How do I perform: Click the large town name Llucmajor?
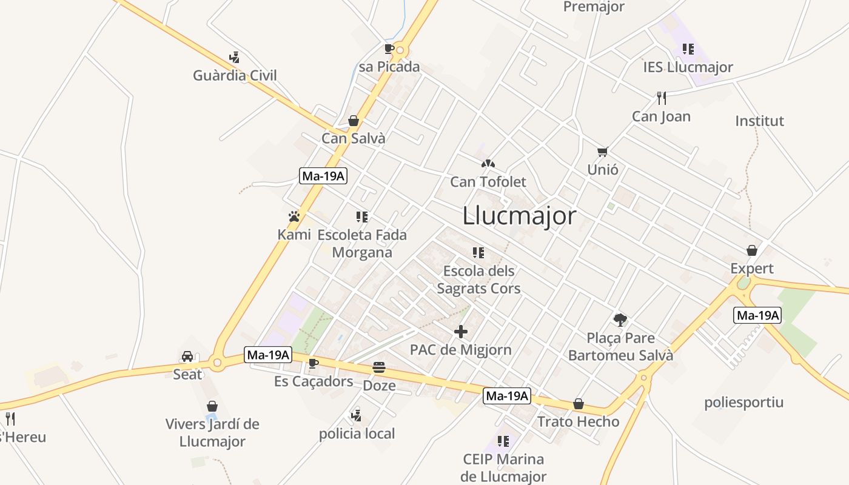(x=519, y=216)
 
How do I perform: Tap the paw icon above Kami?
(x=294, y=216)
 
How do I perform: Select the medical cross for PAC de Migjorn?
(x=461, y=332)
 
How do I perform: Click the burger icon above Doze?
(x=379, y=367)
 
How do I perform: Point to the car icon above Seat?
(x=187, y=356)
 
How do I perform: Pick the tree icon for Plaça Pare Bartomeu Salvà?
(x=620, y=319)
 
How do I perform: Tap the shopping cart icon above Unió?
(x=602, y=152)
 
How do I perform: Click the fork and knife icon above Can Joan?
(x=661, y=98)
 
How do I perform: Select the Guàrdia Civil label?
(x=235, y=76)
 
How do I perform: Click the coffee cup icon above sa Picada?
(x=389, y=48)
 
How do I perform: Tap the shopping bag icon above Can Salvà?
(x=354, y=121)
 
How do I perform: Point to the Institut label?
(x=759, y=121)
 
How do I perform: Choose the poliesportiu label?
(x=743, y=403)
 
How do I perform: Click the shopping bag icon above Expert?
(x=752, y=250)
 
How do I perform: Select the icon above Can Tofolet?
(x=488, y=164)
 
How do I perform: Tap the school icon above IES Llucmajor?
(x=688, y=49)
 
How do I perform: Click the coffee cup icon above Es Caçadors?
(x=313, y=363)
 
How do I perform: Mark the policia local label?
(x=357, y=434)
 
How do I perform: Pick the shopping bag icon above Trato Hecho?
(x=579, y=404)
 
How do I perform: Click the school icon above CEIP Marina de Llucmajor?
(x=503, y=441)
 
